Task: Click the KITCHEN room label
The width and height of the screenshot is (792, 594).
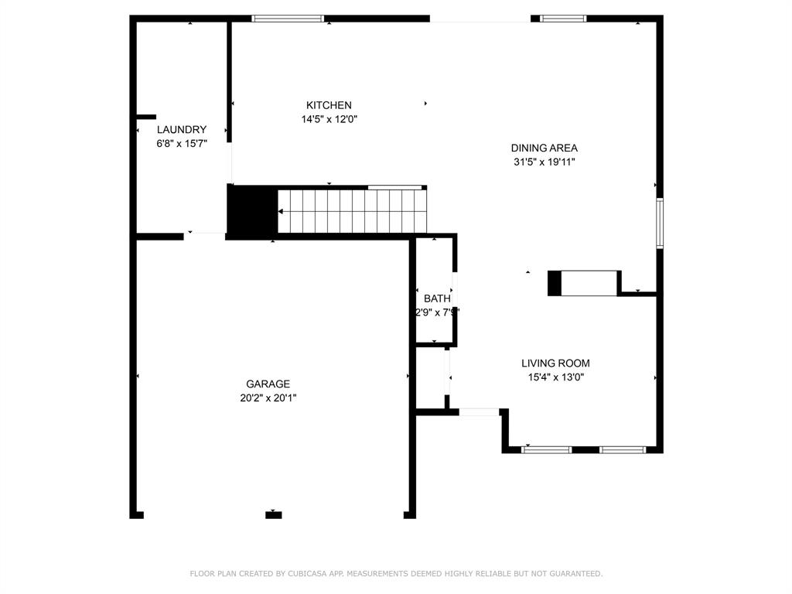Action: tap(329, 105)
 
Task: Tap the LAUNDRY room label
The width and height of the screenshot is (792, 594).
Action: tap(182, 130)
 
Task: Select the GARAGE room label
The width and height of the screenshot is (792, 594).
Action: tap(268, 384)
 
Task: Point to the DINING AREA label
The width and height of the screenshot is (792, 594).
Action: tap(544, 148)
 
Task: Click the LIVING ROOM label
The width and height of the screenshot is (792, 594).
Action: tap(555, 363)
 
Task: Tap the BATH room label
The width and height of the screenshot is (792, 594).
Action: tap(437, 299)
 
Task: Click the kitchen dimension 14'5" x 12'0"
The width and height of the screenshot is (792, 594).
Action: tap(329, 119)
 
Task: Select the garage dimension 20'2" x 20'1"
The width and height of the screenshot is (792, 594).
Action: tap(268, 398)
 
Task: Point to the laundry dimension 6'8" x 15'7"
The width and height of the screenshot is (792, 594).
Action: tap(182, 144)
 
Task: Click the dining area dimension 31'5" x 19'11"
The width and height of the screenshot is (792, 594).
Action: tap(544, 162)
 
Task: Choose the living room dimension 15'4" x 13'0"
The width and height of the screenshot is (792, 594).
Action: tap(555, 377)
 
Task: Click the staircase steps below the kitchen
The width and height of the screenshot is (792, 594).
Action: tap(352, 211)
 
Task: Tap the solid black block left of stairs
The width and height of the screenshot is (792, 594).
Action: tap(252, 210)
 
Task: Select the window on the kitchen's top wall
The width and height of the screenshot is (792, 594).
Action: tap(288, 19)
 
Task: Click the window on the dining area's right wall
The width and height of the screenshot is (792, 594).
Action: tap(660, 224)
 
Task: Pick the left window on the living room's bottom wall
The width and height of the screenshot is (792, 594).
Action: tap(547, 449)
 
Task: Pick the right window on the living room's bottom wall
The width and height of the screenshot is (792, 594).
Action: tap(623, 449)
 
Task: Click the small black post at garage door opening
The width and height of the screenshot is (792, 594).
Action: tap(274, 514)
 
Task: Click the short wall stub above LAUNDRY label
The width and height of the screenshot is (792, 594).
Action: tap(146, 117)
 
